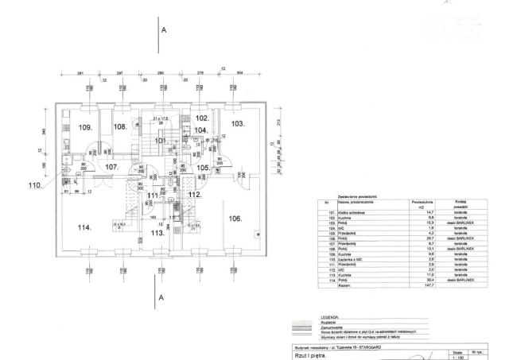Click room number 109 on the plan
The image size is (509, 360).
click(x=86, y=127)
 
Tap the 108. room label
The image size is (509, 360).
click(x=119, y=126)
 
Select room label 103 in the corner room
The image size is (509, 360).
click(x=238, y=124)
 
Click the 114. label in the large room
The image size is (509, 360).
click(x=84, y=228)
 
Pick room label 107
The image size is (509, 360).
click(x=111, y=167)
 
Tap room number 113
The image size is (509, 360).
click(x=157, y=233)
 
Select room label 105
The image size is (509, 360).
click(x=203, y=168)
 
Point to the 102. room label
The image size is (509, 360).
click(x=202, y=118)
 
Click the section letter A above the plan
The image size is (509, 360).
click(x=164, y=29)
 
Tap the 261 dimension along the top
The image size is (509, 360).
click(x=80, y=72)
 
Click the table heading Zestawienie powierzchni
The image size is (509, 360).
click(x=341, y=194)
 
